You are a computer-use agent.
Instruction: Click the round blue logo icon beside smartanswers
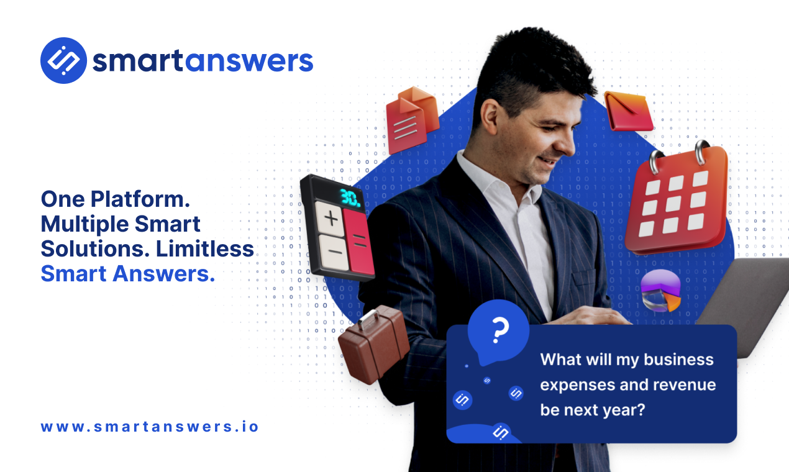click(63, 61)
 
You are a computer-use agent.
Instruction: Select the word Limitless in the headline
click(205, 249)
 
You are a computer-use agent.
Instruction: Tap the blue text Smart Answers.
click(128, 274)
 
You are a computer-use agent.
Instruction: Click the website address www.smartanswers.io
click(150, 427)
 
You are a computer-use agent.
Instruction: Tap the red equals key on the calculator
click(361, 242)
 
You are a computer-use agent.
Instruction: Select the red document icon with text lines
click(410, 119)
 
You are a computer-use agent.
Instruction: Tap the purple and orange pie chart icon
click(661, 291)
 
